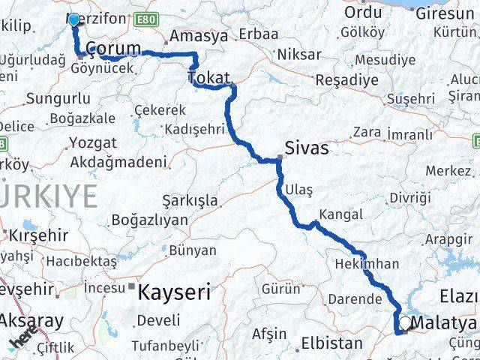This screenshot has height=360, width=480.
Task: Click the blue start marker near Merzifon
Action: pos(73,19)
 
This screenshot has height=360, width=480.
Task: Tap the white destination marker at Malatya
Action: pos(406,323)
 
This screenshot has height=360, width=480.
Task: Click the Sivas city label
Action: pos(306,148)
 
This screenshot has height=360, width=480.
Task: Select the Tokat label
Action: pos(209,77)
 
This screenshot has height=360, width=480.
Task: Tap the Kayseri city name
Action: pos(173,291)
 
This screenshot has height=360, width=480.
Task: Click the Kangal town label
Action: pos(340,214)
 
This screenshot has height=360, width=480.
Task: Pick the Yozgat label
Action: pos(93,142)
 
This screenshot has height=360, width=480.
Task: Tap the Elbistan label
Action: pos(332,346)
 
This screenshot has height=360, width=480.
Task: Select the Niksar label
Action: pos(298,54)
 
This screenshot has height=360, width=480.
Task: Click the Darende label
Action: pos(355,298)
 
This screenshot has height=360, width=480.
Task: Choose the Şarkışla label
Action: pos(190,200)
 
